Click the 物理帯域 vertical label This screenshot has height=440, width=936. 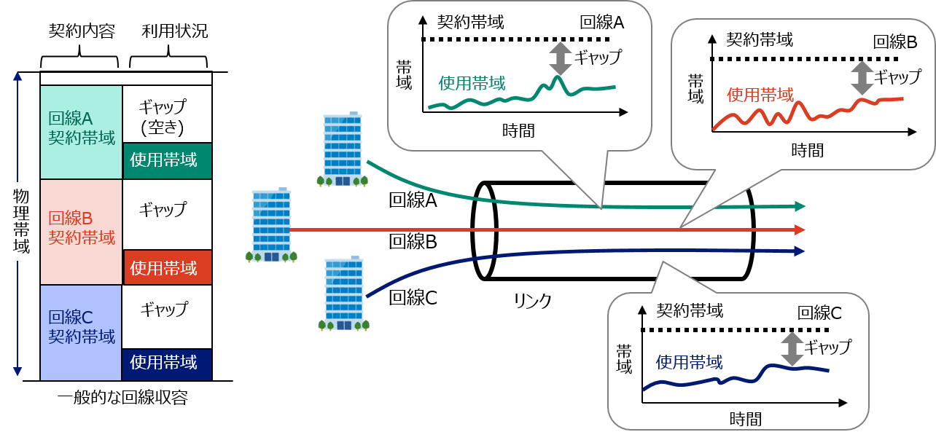click(x=21, y=221)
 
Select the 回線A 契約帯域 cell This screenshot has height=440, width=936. click(x=81, y=129)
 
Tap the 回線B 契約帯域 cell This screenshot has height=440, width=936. click(x=81, y=228)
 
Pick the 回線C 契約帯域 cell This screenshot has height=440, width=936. click(x=81, y=327)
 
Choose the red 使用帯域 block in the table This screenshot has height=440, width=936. click(x=167, y=267)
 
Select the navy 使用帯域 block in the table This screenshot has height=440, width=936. click(x=167, y=363)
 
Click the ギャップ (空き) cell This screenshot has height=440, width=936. click(x=163, y=117)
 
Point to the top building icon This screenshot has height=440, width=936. click(x=343, y=150)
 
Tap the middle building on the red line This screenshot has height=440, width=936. click(x=271, y=225)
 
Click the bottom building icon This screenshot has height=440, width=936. click(x=343, y=294)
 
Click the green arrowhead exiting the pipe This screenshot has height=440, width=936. click(x=800, y=206)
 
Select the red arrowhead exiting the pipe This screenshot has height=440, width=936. click(x=800, y=229)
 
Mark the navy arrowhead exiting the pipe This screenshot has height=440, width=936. click(x=800, y=251)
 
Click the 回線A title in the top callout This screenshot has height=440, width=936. click(x=601, y=22)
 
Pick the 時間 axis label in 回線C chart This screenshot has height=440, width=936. click(x=745, y=419)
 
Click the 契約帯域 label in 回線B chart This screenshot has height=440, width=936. click(x=760, y=39)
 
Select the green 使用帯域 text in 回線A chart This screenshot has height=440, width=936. click(x=472, y=83)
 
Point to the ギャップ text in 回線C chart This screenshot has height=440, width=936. click(x=827, y=347)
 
